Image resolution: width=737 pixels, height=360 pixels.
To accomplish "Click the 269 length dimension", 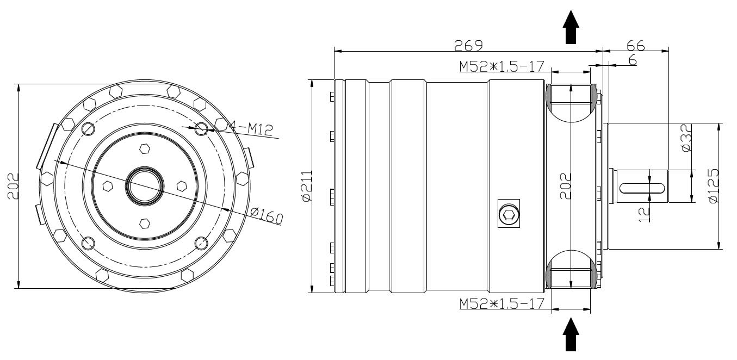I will coord(469,45).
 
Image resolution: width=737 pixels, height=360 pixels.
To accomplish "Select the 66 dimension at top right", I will coord(635,45).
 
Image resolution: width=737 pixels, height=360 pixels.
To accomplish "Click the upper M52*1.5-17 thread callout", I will coord(501,66).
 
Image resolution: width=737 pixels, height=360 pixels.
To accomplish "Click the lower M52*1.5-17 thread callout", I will coord(501,303).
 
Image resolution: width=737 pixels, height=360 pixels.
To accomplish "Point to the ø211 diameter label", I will coord(306,187).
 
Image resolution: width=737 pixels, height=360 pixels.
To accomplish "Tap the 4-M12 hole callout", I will coord(251,128).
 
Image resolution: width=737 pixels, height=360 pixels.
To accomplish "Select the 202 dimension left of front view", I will coord(13,186).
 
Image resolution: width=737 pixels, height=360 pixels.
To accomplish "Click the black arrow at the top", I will coord(571,27).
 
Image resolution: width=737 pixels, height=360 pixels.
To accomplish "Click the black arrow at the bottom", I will coord(571,334).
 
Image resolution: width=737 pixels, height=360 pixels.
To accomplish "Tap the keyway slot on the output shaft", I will coord(642,188).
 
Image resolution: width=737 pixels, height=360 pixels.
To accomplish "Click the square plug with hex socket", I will coord(509,214).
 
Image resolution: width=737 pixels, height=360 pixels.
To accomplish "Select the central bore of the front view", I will coord(144,185).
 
